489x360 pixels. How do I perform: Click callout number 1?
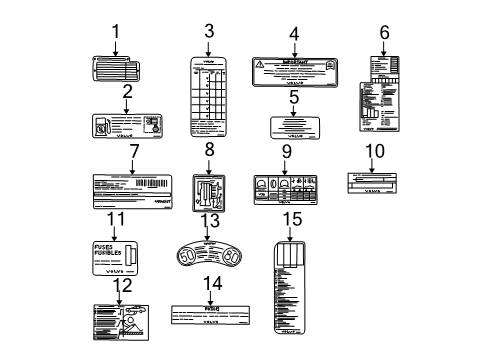point(115,32)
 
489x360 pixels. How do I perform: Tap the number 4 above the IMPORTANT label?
point(293,32)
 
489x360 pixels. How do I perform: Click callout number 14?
point(211,283)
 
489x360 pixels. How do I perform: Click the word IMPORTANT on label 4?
point(295,61)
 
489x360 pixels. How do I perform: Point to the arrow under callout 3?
point(209,47)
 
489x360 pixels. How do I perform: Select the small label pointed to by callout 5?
point(294,127)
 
